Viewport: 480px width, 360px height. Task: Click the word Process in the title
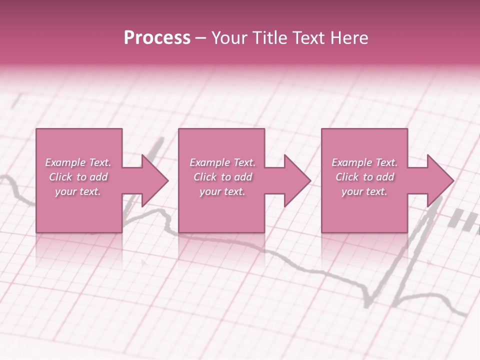click(157, 38)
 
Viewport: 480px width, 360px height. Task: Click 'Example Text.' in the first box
click(78, 162)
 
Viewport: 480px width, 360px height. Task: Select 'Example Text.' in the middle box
click(222, 162)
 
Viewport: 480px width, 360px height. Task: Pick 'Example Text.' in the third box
click(364, 162)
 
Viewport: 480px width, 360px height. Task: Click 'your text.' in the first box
click(78, 191)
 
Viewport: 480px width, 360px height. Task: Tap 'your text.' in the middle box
click(222, 191)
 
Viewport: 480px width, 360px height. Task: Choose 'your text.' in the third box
click(364, 191)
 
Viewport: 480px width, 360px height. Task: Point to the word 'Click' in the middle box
click(205, 177)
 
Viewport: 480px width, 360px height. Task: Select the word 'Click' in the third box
click(347, 177)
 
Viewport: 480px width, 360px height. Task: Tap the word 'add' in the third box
click(385, 177)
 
